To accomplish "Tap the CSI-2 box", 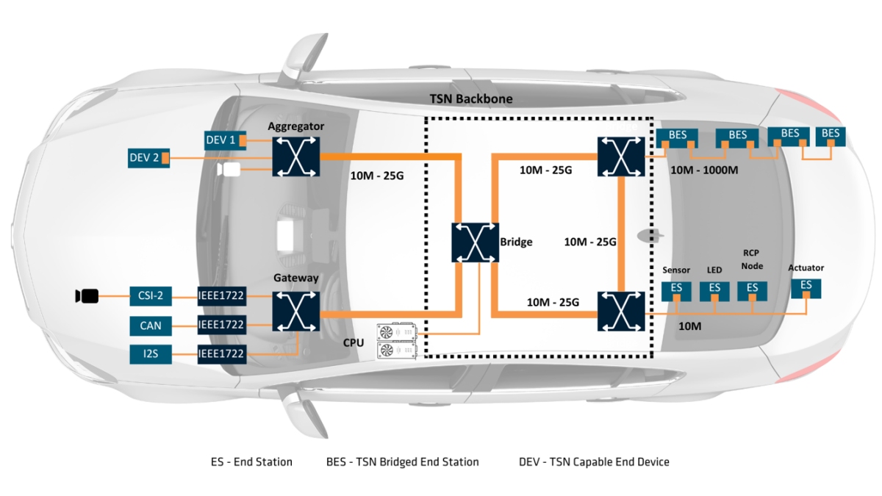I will point(151,296).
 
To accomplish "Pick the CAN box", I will point(151,325).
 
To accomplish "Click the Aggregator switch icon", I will point(296,156).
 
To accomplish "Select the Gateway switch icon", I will point(296,311).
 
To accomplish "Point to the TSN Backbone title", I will point(471,98).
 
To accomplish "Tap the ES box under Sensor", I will point(676,289).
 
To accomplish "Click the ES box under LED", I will point(714,289).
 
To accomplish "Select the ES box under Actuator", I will point(806,286).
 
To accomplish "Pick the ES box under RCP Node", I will point(752,289).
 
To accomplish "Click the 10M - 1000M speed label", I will point(705,170).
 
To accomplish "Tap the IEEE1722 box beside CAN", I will point(221,325).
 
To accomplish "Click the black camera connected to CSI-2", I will point(87,296).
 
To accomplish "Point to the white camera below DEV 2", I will point(229,170).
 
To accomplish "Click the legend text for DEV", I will point(594,461).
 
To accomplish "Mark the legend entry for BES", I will point(402,461).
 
